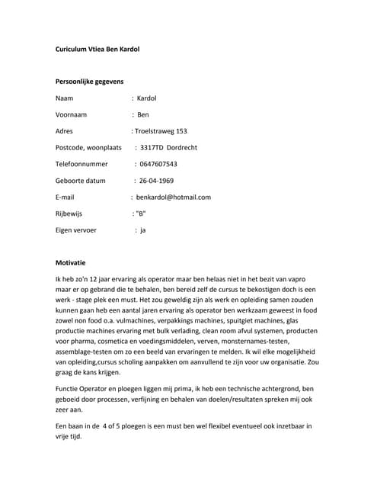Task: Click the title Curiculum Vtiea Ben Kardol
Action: (97, 49)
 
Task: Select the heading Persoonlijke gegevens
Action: (89, 82)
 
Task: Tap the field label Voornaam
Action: (72, 114)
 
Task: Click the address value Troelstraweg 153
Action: (161, 131)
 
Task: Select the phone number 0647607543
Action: (157, 164)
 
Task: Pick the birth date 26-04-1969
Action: (155, 181)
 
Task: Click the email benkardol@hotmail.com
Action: (174, 197)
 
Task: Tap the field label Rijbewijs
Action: (70, 213)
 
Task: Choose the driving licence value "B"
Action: (140, 213)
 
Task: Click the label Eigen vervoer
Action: (77, 230)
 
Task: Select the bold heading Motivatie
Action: (71, 262)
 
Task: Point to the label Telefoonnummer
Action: (81, 164)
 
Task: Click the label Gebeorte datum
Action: (81, 181)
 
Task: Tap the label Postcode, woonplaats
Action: (88, 147)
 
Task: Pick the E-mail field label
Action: (65, 197)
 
